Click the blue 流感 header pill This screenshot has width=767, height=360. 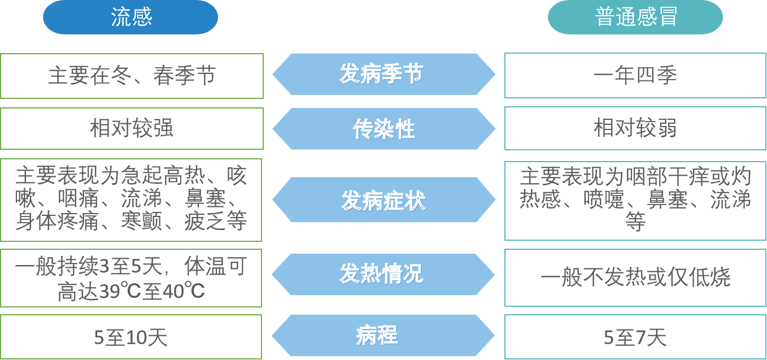130,18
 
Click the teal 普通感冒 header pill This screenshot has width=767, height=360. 635,18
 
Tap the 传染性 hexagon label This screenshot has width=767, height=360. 383,129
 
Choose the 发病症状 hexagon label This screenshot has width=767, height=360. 383,200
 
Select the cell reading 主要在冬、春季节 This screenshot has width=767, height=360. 132,76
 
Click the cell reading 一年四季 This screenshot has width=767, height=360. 635,76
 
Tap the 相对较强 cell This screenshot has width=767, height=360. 132,128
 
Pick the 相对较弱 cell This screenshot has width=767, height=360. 635,128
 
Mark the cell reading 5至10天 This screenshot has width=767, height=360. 131,337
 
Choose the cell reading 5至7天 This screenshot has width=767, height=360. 635,337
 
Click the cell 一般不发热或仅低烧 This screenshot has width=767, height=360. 635,277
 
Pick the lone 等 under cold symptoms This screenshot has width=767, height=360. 635,222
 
